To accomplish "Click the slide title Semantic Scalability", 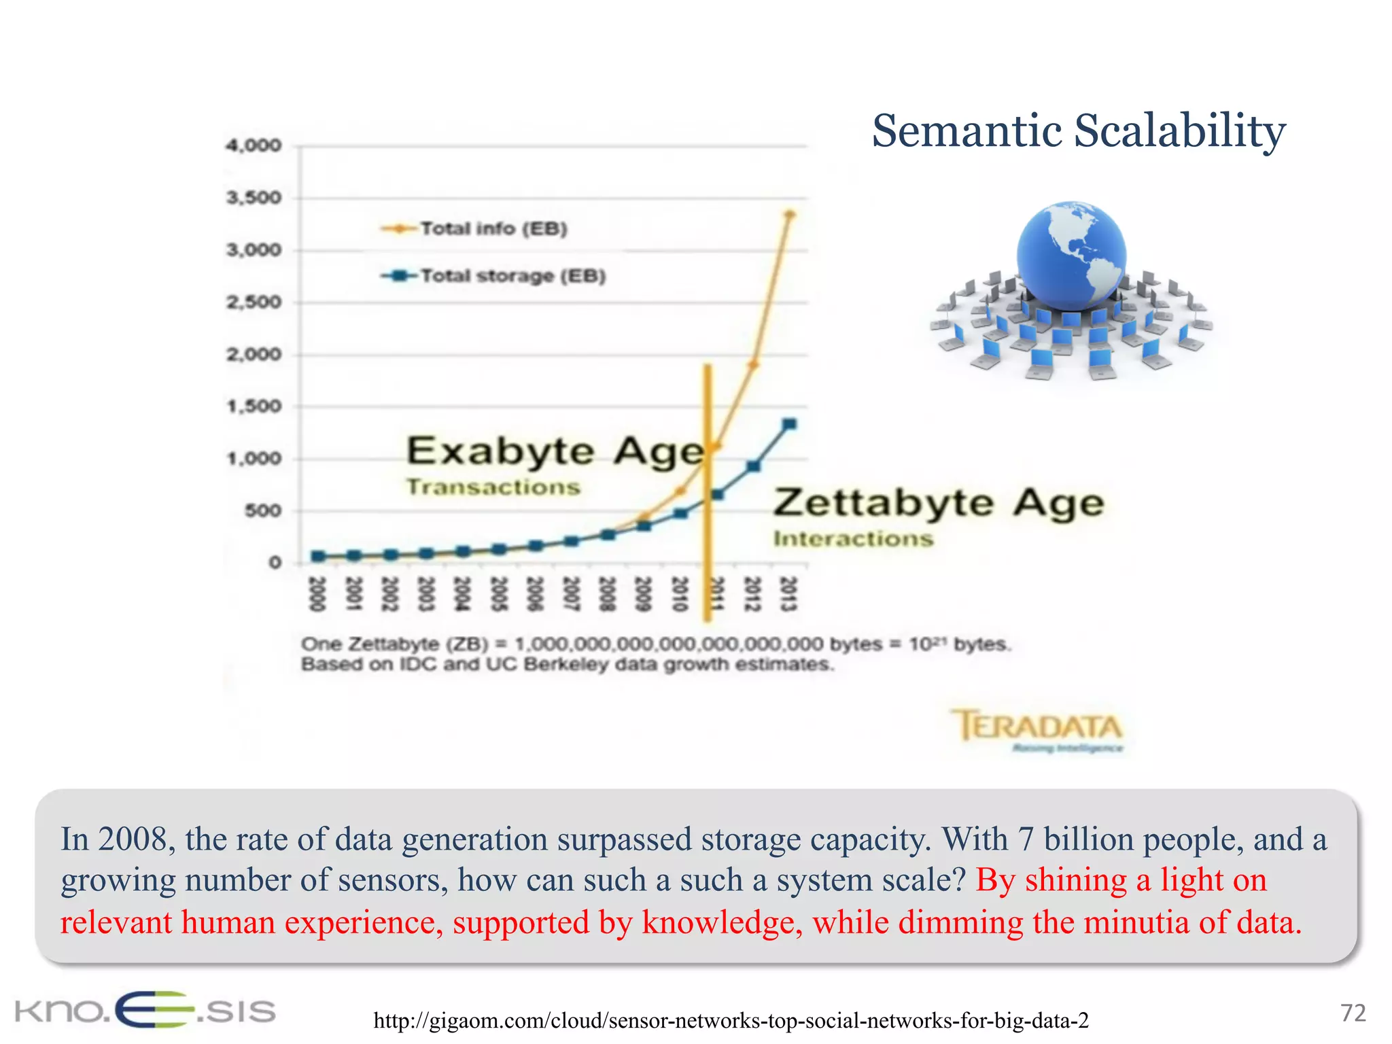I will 1079,130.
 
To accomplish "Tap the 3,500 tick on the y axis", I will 254,198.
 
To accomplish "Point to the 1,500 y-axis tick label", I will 254,406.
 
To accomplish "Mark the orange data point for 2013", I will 790,215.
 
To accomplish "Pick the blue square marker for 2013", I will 790,424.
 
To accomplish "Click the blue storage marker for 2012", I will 753,466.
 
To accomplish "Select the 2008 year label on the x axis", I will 607,593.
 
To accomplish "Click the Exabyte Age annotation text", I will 555,451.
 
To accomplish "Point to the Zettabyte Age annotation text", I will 939,504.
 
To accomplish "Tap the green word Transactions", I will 493,487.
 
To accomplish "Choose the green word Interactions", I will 853,539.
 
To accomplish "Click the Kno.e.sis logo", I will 145,1010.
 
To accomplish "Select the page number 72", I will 1353,1013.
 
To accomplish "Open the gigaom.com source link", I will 731,1020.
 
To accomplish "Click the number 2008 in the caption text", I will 133,839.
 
